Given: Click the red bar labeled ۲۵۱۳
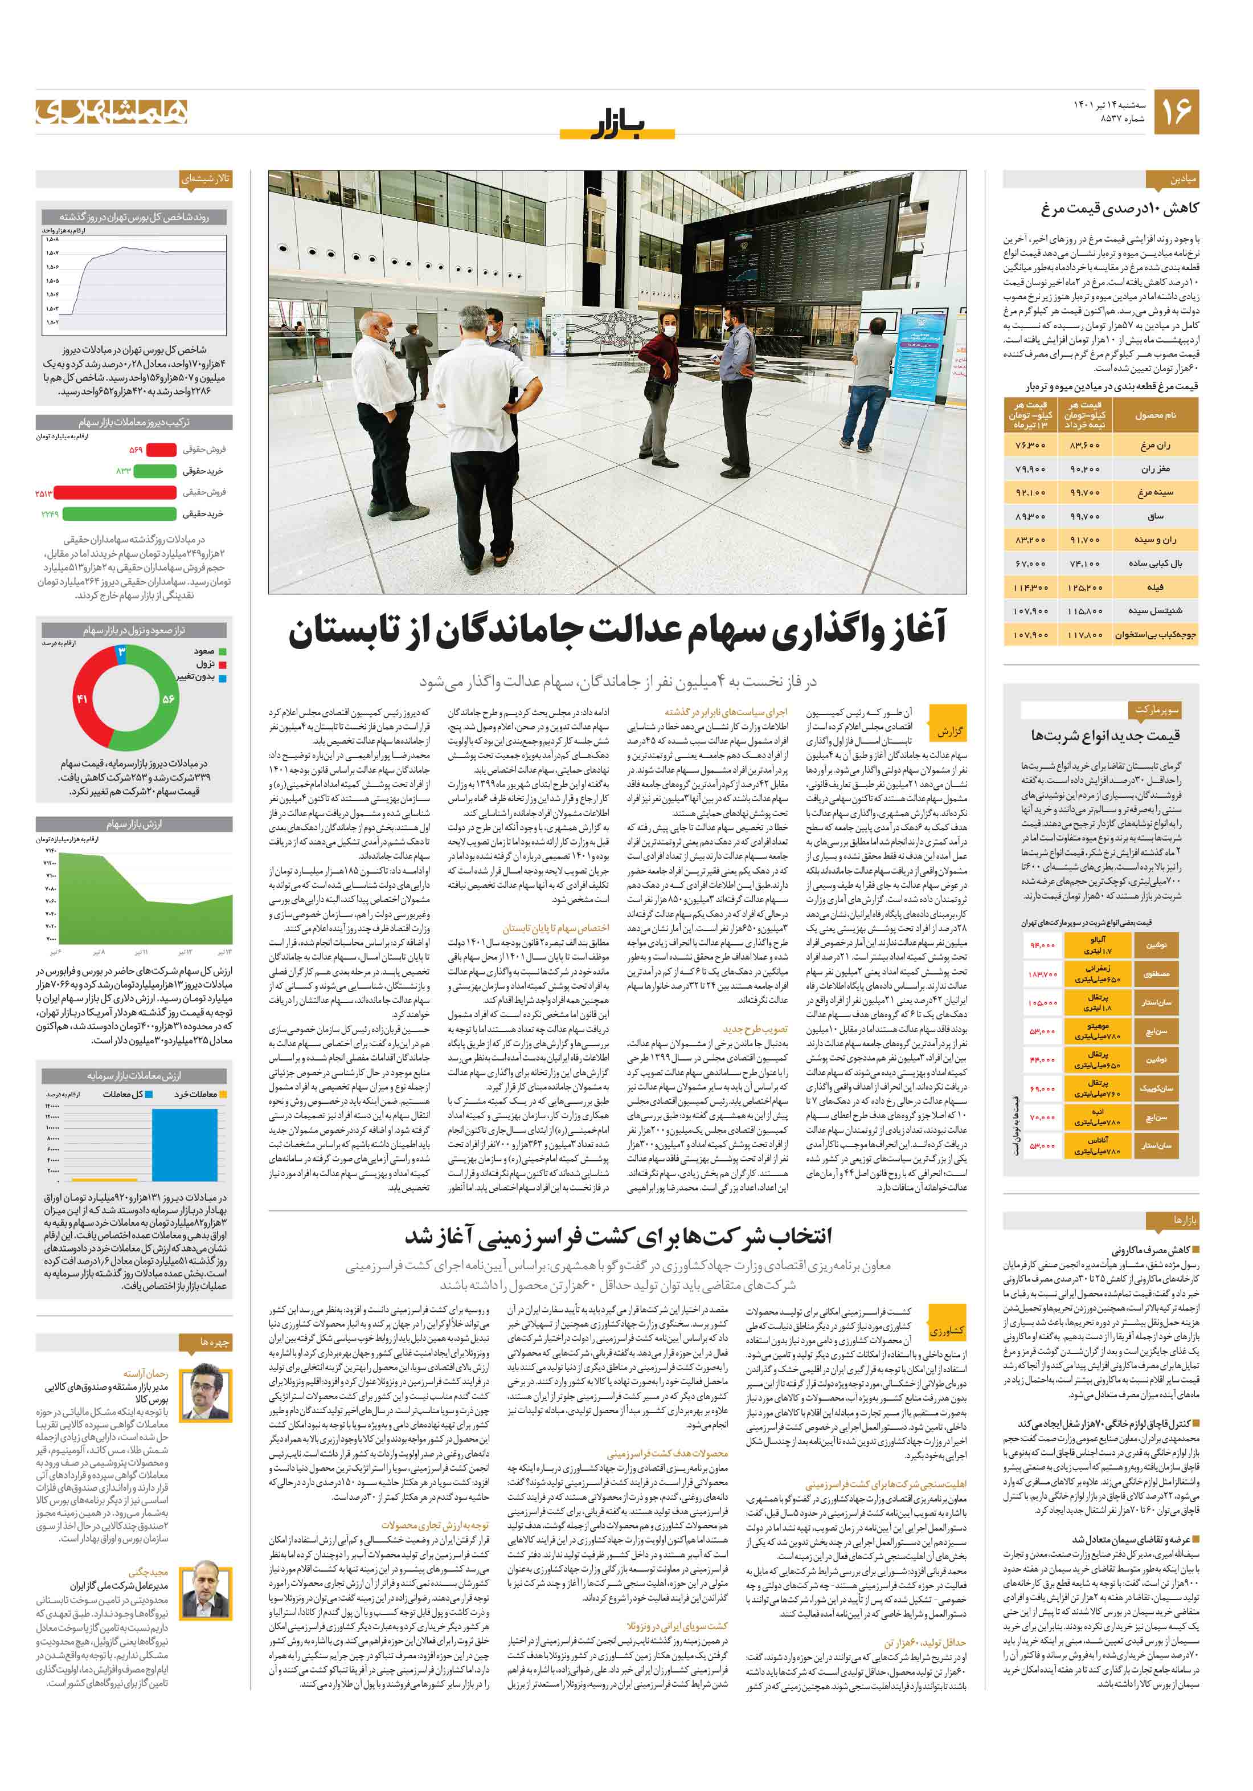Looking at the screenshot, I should pos(116,492).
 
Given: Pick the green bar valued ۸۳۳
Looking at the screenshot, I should pos(154,471).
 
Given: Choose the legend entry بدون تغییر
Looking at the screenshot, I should pos(201,677).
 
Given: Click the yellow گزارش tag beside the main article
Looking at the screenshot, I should pos(949,731).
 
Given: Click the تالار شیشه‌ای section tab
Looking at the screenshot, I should pos(205,178).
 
